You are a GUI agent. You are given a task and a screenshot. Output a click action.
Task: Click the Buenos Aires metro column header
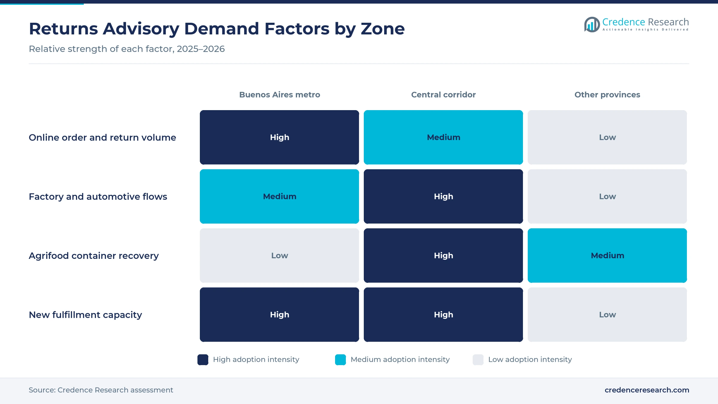pyautogui.click(x=279, y=95)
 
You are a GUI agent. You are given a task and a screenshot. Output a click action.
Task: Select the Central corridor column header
pyautogui.click(x=443, y=95)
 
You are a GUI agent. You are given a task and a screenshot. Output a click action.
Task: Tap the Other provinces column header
pyautogui.click(x=607, y=95)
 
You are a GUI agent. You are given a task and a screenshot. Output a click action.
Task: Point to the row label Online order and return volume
pyautogui.click(x=102, y=137)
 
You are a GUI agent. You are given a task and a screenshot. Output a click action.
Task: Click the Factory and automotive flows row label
pyautogui.click(x=98, y=197)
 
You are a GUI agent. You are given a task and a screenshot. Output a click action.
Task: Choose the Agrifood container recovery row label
pyautogui.click(x=94, y=256)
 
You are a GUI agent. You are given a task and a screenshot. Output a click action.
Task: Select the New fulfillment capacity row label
pyautogui.click(x=85, y=315)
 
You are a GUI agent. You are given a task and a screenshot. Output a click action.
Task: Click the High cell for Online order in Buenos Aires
pyautogui.click(x=279, y=137)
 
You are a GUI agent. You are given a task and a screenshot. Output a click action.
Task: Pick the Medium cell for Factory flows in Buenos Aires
pyautogui.click(x=279, y=196)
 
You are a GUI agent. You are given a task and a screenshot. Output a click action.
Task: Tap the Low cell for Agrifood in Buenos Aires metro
pyautogui.click(x=279, y=256)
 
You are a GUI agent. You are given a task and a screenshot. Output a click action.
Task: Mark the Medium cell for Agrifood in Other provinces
pyautogui.click(x=607, y=256)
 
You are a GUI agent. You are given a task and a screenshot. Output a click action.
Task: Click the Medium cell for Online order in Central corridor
pyautogui.click(x=443, y=137)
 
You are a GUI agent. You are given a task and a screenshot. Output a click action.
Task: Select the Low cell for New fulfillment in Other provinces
pyautogui.click(x=607, y=315)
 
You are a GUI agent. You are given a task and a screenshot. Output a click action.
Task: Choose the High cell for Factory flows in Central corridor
pyautogui.click(x=443, y=196)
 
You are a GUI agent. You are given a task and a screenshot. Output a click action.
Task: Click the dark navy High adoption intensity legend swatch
pyautogui.click(x=203, y=360)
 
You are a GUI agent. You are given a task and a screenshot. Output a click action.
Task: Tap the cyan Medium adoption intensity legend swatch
pyautogui.click(x=340, y=360)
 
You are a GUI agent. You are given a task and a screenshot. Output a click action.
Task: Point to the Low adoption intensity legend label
pyautogui.click(x=530, y=359)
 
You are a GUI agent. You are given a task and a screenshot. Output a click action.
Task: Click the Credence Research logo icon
pyautogui.click(x=592, y=25)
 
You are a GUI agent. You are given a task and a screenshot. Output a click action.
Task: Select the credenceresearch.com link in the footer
pyautogui.click(x=647, y=390)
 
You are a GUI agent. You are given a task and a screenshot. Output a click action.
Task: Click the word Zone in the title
pyautogui.click(x=383, y=29)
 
